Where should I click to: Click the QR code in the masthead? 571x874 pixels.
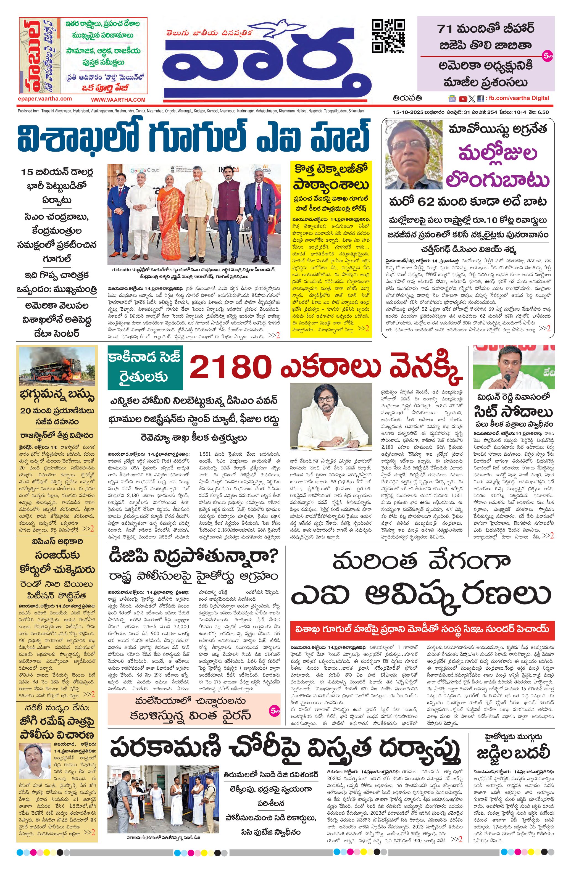388,36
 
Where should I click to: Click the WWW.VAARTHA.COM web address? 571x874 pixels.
118,99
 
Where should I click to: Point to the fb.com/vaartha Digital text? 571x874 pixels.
518,98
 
